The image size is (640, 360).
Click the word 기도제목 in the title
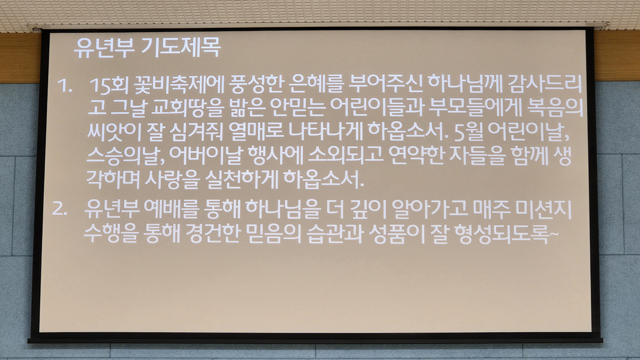click(x=181, y=48)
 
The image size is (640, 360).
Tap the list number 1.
click(x=65, y=86)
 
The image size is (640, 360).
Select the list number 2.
click(x=60, y=209)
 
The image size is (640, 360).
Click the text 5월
click(x=468, y=132)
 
